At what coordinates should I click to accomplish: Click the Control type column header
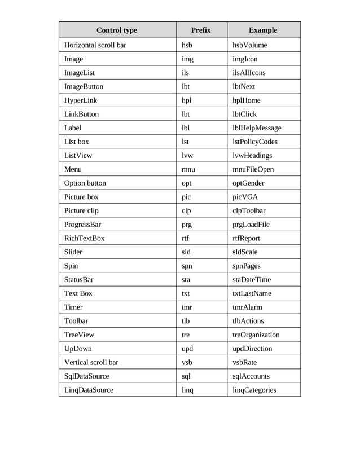point(117,30)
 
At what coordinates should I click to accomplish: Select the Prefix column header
point(201,30)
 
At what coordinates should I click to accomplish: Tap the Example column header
point(263,30)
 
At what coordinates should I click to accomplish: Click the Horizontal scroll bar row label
point(95,45)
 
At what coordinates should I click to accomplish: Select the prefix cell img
point(187,59)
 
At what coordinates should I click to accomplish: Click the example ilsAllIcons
point(249,73)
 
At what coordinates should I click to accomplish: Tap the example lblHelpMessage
point(257,128)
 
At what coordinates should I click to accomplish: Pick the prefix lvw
point(187,156)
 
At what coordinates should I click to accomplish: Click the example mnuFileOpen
point(253,169)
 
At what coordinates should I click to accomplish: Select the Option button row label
point(85,183)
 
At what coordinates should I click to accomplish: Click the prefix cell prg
point(187,225)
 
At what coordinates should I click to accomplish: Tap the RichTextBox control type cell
point(85,238)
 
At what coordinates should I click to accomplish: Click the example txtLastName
point(252,293)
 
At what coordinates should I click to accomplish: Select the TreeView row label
point(79,335)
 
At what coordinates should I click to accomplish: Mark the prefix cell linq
point(187,390)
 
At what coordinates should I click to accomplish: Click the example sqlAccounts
point(251,376)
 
